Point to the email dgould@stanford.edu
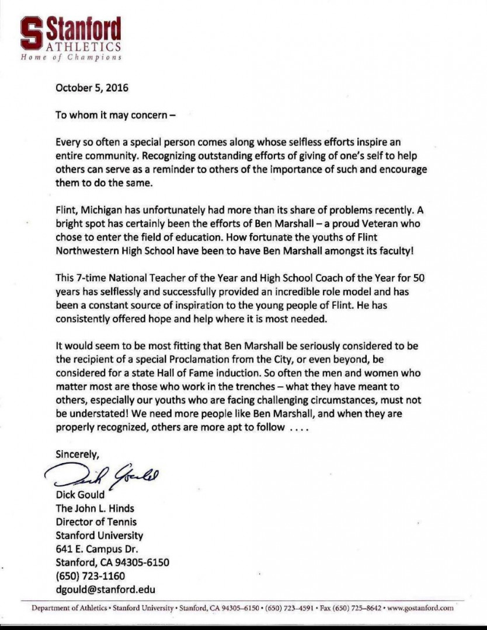[x=105, y=589]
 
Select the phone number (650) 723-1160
[x=90, y=576]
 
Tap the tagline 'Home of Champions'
[x=71, y=57]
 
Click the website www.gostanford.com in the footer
[x=420, y=608]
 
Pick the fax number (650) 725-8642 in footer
[x=357, y=608]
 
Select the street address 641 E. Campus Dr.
[x=96, y=549]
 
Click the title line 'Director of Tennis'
[x=96, y=521]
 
